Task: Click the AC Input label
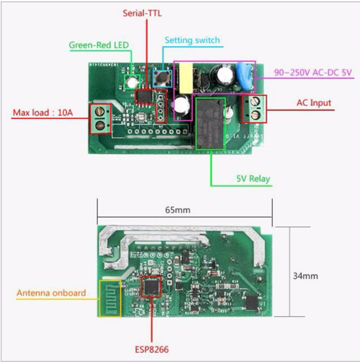[x=314, y=103]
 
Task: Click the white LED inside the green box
[x=130, y=81]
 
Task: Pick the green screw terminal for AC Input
[x=254, y=108]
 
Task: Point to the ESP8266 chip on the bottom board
[x=152, y=286]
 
